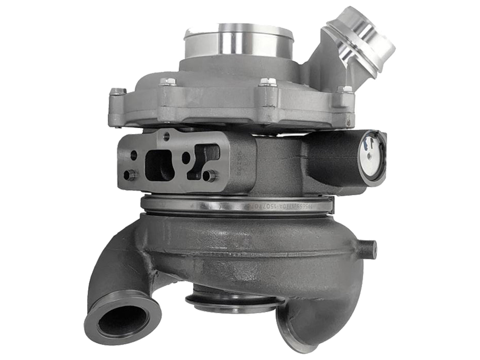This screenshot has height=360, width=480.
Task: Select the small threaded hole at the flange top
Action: coord(166,135)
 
